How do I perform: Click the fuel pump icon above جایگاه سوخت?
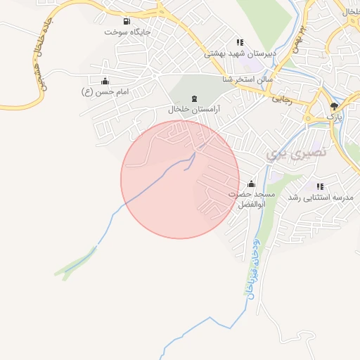pos(127,21)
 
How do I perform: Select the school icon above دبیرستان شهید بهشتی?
pos(240,41)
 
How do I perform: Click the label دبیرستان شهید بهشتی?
pos(240,53)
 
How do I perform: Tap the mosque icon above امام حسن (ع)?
pos(105,81)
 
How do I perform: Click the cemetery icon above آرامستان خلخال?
pos(195,98)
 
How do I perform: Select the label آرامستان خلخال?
pos(194,110)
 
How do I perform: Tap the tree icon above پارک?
pos(334,105)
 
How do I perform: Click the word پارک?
pos(335,116)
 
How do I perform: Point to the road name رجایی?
pos(281,100)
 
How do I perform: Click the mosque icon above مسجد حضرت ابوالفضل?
pos(252,183)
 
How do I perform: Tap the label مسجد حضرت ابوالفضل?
pos(251,198)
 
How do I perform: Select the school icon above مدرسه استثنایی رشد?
pos(321,186)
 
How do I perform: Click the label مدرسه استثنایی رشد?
pos(321,198)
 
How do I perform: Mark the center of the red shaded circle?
pos(180,179)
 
